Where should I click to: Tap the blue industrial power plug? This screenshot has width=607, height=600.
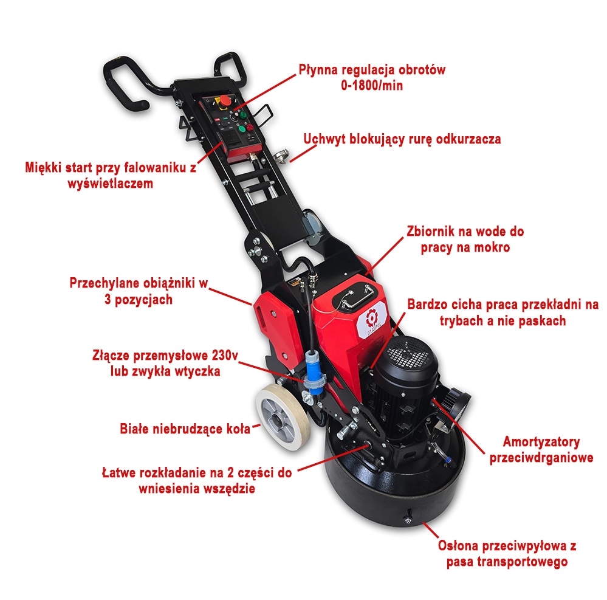click(x=314, y=373)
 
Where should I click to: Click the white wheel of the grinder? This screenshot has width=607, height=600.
click(x=282, y=418)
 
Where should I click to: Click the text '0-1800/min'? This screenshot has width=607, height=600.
click(x=372, y=85)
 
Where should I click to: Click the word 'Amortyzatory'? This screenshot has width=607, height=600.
click(x=541, y=441)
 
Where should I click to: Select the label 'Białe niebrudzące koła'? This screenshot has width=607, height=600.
click(x=185, y=429)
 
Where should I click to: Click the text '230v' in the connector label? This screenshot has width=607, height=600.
click(x=225, y=355)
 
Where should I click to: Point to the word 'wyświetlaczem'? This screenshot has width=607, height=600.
click(x=111, y=183)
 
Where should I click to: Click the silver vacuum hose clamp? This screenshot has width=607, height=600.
click(x=281, y=156)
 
